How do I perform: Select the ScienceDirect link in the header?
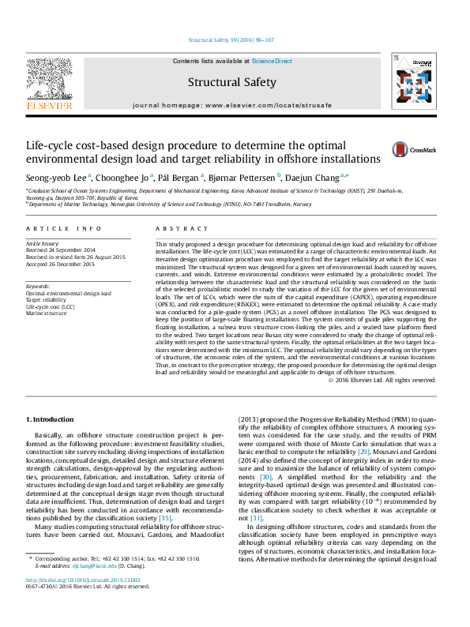pos(272,61)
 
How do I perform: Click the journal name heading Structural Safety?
pos(231,82)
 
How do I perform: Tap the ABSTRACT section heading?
pos(177,229)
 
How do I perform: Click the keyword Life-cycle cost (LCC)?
pos(51,306)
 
